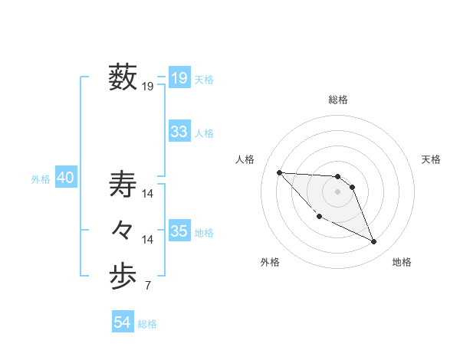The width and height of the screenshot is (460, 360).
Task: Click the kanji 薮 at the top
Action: tap(123, 77)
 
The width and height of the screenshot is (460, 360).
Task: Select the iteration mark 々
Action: tap(123, 230)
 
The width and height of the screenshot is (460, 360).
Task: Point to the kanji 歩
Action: tap(123, 277)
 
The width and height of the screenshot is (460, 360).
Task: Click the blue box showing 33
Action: tap(179, 132)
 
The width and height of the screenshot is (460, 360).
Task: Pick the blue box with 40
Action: tap(65, 178)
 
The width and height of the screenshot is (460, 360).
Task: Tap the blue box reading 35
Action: tap(179, 231)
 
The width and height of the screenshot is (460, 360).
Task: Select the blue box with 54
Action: tap(123, 322)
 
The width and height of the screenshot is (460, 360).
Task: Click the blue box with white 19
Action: tap(179, 77)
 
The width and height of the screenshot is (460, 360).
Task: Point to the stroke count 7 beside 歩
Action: tap(148, 286)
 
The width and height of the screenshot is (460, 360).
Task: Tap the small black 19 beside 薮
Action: tap(148, 87)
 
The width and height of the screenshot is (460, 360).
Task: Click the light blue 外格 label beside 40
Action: tap(41, 179)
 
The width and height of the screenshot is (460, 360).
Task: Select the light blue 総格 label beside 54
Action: tap(147, 324)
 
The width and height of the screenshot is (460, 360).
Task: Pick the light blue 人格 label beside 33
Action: tap(204, 133)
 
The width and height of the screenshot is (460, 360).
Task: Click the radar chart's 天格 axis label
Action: tap(432, 159)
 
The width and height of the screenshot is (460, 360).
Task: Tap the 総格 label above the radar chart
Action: tap(338, 100)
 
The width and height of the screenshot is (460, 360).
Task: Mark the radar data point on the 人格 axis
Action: tap(279, 172)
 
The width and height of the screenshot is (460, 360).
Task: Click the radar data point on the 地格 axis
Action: tap(374, 242)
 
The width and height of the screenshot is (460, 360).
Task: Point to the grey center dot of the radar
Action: tap(338, 191)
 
